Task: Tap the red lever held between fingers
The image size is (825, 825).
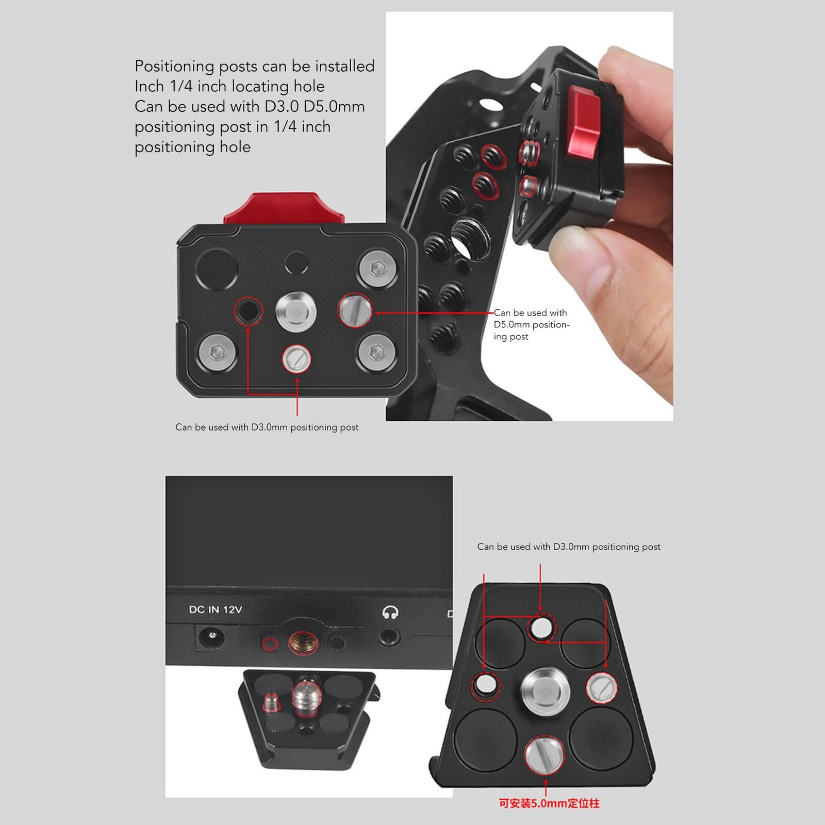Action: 584,122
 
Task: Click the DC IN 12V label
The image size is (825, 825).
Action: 215,609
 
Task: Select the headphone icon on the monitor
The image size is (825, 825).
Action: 390,612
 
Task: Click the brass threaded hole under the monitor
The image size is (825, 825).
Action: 303,642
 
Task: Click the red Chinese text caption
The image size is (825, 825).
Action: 549,803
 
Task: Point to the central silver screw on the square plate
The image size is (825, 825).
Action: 296,311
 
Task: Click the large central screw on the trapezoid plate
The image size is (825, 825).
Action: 545,689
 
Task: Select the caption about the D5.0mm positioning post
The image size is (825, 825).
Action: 531,324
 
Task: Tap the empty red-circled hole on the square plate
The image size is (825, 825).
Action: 248,311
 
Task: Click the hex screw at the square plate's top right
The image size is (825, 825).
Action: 377,269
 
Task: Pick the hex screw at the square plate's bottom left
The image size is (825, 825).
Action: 218,352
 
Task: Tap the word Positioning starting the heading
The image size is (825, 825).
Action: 174,66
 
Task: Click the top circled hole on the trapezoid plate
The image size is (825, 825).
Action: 541,627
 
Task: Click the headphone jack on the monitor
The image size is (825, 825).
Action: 389,638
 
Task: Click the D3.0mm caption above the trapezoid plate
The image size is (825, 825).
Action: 568,547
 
